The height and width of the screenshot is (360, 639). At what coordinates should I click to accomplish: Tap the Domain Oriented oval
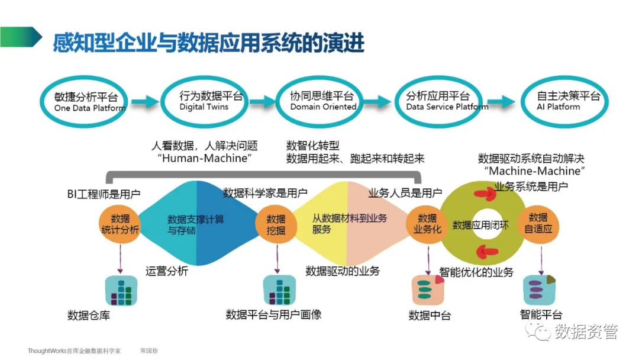(x=322, y=101)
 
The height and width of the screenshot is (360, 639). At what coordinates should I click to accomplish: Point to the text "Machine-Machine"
(x=534, y=171)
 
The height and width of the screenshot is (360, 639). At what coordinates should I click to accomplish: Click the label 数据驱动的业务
(x=343, y=271)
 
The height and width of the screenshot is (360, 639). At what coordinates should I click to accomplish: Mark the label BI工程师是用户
(x=104, y=194)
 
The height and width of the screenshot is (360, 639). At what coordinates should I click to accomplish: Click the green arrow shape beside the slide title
(x=21, y=37)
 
